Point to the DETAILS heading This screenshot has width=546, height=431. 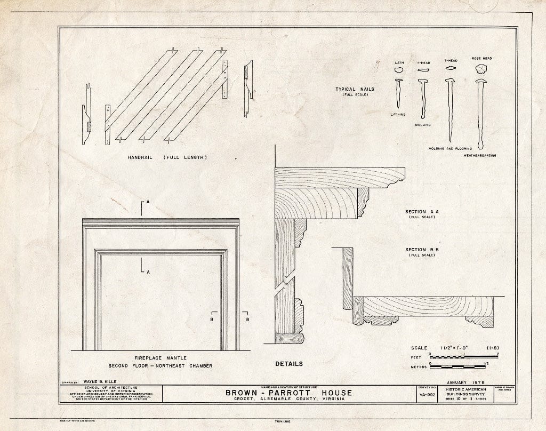point(289,364)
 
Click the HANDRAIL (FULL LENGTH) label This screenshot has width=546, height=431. point(167,157)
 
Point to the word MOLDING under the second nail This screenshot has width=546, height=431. point(423,124)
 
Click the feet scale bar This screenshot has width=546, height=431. point(463,355)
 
